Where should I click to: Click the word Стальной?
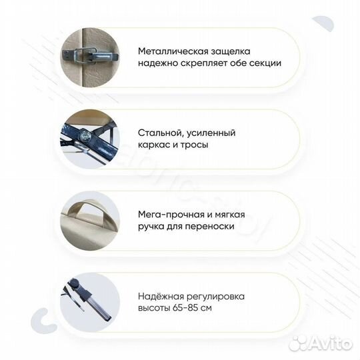[161, 133]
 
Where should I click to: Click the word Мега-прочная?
[171, 215]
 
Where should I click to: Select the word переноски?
[218, 227]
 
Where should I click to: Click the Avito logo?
[325, 344]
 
